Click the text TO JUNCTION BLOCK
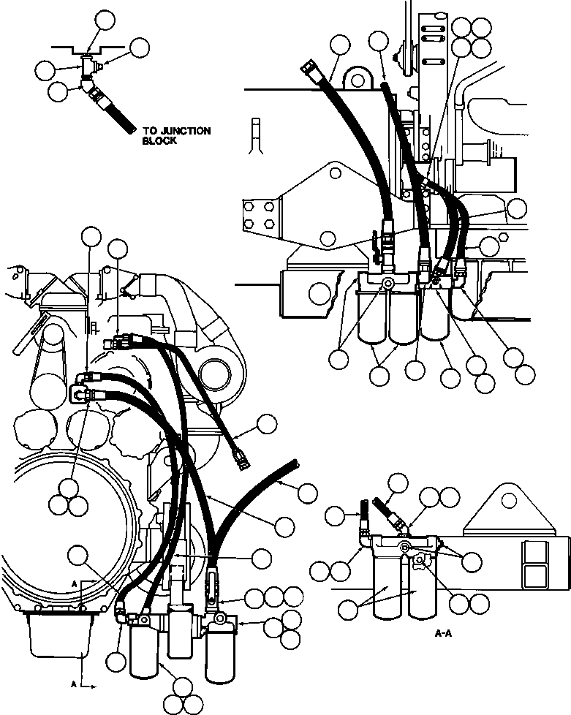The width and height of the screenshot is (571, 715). pyautogui.click(x=175, y=136)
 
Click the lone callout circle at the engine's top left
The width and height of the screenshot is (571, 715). pyautogui.click(x=91, y=236)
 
